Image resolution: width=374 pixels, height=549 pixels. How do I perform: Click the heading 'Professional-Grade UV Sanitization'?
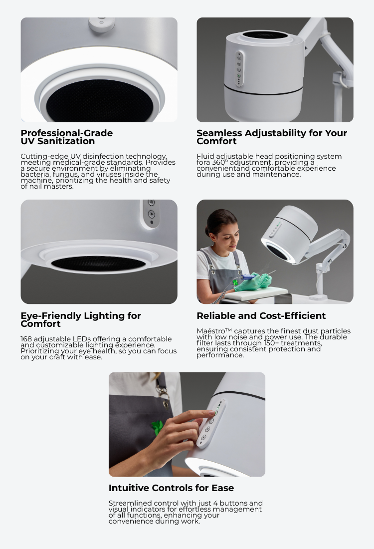point(66,137)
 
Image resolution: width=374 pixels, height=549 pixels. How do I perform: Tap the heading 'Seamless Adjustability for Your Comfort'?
point(271,137)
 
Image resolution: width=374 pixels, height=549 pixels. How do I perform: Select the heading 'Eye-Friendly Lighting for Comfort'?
point(80,319)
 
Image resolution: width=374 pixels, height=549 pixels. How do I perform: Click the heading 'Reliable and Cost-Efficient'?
point(261,316)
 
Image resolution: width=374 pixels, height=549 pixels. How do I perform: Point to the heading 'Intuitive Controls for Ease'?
point(171,488)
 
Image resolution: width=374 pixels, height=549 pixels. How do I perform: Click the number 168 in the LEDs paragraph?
point(26,339)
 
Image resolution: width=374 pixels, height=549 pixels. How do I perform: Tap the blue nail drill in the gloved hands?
point(246,277)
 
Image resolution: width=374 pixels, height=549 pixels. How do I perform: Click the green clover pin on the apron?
point(157,428)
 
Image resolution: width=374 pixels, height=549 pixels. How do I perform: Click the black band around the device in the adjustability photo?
point(263,90)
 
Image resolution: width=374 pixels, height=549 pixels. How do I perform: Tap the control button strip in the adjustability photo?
point(239,69)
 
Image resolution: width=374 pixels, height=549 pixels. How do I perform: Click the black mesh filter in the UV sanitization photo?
point(100,101)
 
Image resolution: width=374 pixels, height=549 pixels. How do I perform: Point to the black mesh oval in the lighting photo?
point(98,263)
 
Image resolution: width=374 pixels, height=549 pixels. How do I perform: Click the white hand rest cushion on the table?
point(256,292)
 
